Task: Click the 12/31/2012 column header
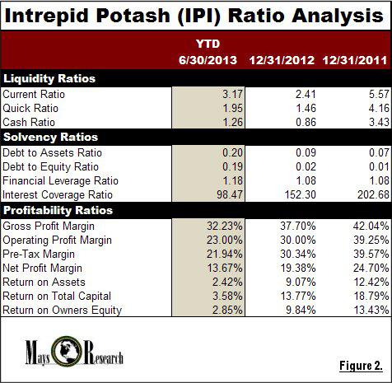[282, 60]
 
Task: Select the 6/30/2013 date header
[208, 60]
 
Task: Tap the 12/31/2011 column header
[355, 60]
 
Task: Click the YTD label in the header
[208, 44]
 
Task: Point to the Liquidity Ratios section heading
[49, 78]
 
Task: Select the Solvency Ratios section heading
[50, 137]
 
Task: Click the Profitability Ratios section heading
[58, 210]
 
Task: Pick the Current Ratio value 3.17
[232, 94]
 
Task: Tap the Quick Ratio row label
[30, 108]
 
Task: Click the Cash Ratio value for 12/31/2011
[379, 122]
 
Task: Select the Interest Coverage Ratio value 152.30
[300, 194]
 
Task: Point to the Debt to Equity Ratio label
[50, 167]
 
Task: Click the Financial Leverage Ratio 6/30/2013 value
[232, 180]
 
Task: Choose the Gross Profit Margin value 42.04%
[371, 226]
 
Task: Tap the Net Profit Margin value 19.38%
[298, 268]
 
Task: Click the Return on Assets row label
[44, 283]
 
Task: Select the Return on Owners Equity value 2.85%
[227, 310]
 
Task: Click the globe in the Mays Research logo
[66, 352]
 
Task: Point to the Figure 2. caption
[361, 366]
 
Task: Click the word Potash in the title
[133, 16]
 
